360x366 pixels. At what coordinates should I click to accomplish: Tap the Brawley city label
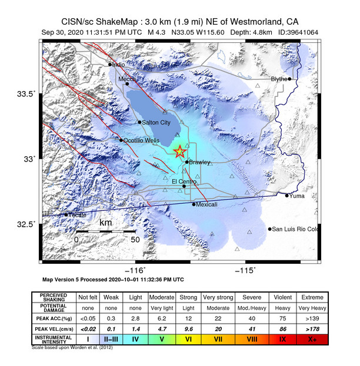199,162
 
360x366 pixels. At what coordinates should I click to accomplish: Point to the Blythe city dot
289,78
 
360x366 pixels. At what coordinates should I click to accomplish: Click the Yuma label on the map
298,196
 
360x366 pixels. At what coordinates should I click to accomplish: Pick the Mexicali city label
207,204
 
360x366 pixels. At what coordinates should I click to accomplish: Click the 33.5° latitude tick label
26,93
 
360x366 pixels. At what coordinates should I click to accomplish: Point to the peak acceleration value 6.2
161,318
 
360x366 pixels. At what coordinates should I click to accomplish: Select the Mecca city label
127,79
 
